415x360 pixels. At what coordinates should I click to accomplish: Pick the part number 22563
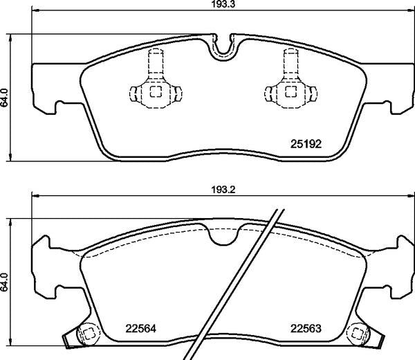(x=304, y=329)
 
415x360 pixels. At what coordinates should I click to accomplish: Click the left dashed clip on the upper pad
(x=156, y=87)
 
